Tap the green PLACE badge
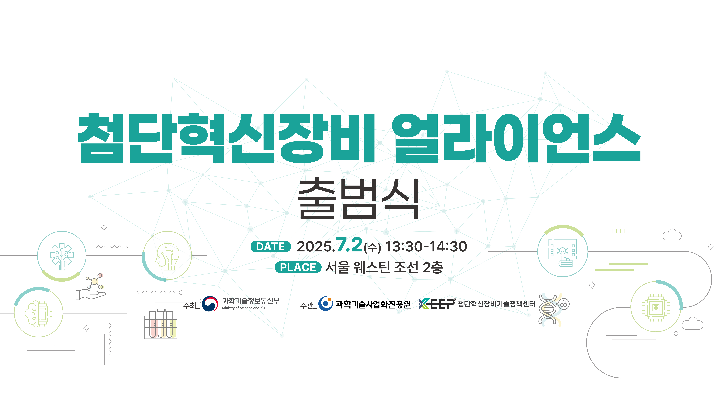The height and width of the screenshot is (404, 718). point(298,267)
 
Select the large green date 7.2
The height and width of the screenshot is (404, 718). point(349,245)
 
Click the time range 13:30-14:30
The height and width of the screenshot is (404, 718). point(426,246)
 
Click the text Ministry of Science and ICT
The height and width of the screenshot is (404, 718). point(244,308)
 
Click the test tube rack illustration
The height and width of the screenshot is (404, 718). point(161,324)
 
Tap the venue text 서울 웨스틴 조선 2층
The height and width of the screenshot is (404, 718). point(384,267)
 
